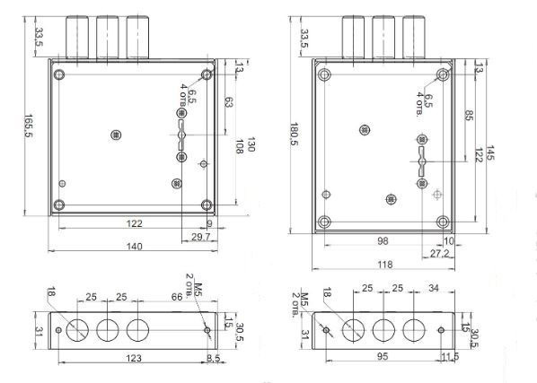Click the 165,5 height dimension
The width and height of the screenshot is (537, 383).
coord(28,126)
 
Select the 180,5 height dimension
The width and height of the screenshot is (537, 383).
coord(294,134)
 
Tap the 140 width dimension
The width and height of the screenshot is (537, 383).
coord(135,246)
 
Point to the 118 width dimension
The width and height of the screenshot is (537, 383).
coord(385,265)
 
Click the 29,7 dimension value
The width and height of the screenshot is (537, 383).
coord(200,237)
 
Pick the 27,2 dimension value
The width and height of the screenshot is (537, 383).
coord(439,254)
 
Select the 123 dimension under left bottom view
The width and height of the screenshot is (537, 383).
coord(134,358)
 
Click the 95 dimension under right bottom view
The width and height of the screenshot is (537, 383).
coord(383,356)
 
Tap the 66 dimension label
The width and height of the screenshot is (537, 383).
coord(177,297)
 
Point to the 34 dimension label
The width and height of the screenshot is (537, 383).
coord(434,288)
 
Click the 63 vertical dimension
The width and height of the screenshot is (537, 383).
coord(228,102)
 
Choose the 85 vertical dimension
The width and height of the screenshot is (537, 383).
coord(469,115)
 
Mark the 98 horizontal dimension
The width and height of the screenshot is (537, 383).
coord(383,240)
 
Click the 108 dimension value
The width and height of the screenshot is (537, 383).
coord(239,146)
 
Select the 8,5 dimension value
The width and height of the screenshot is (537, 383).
coord(213,358)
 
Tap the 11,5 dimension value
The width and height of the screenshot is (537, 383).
coord(450,357)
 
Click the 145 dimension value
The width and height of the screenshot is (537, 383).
coord(490,152)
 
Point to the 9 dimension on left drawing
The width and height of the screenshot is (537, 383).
coord(209,223)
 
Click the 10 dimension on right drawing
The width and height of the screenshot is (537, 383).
coord(449,241)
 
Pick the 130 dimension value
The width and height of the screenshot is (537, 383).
coord(251,144)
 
